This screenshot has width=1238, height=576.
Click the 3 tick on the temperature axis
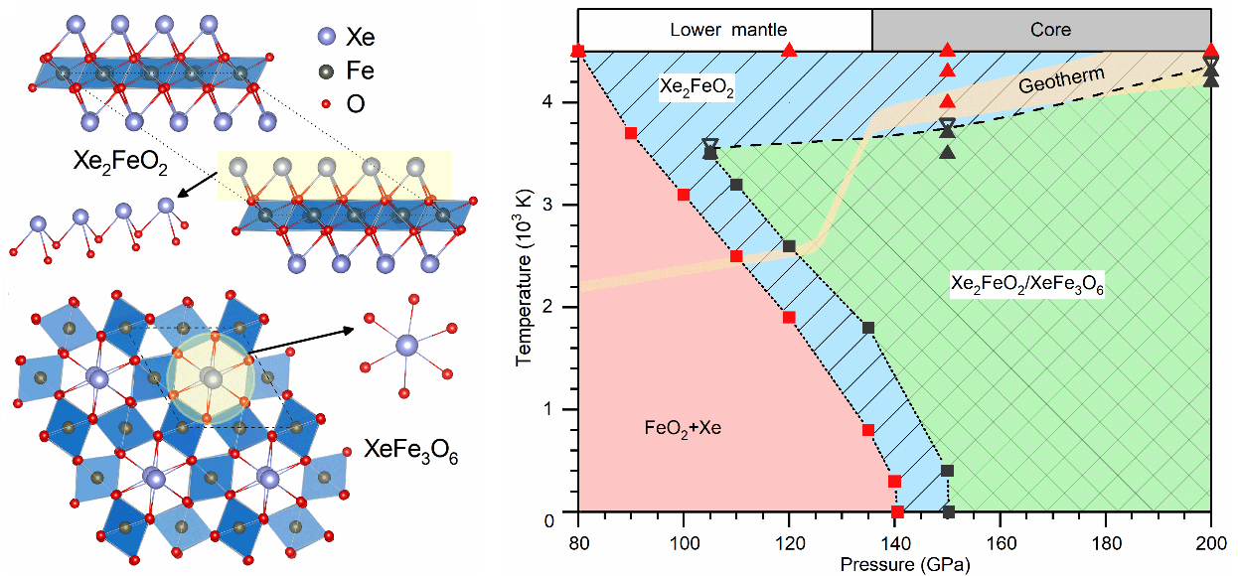(x=561, y=206)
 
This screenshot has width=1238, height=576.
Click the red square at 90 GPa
(x=631, y=133)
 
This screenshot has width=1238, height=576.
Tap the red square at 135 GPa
(x=868, y=430)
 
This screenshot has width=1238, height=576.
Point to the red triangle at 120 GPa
(x=790, y=50)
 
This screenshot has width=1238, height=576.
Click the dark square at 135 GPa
(x=868, y=328)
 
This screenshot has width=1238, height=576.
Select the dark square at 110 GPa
(x=736, y=185)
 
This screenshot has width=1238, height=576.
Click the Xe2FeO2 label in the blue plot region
(x=696, y=89)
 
